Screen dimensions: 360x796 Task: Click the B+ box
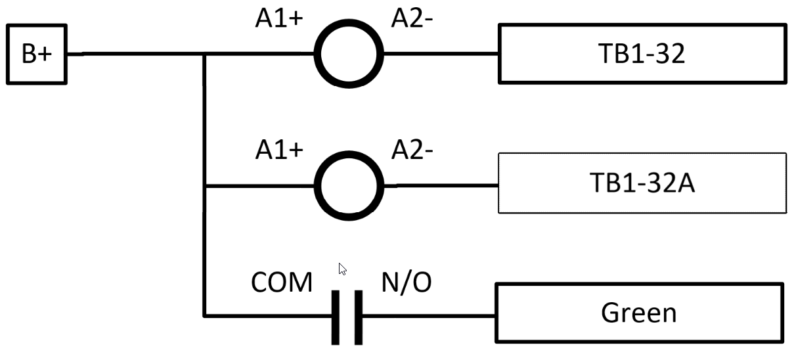coord(36,55)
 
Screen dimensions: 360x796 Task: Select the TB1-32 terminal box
coord(642,54)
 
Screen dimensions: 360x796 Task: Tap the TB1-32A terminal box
coord(642,183)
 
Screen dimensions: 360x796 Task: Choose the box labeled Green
coord(638,313)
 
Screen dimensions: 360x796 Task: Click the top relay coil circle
coord(348,55)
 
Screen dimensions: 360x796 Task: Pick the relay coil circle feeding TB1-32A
coord(348,185)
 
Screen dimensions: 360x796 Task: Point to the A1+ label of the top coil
coord(279,19)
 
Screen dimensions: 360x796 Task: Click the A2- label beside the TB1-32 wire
coord(412,19)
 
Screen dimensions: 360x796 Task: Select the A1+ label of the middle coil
coord(279,150)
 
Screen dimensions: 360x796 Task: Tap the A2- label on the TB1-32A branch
coord(412,150)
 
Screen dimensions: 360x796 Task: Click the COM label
coord(282,283)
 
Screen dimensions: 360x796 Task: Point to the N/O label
coord(407,283)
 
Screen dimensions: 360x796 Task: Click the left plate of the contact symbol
coord(336,317)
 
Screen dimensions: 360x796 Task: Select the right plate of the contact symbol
coord(358,317)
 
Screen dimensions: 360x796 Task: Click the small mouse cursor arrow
coord(342,269)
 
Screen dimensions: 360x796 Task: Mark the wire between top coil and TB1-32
coord(440,54)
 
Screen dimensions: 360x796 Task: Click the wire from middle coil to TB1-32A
coord(440,185)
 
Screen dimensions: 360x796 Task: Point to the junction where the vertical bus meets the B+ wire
coord(205,55)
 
